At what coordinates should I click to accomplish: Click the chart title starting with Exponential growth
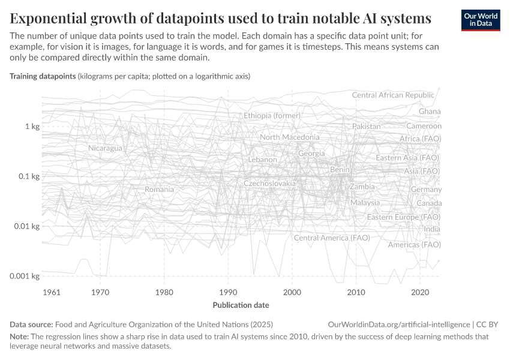(220, 18)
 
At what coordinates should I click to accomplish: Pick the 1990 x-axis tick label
(228, 292)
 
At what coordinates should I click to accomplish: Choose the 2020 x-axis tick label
(420, 292)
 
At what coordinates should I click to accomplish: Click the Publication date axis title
(241, 305)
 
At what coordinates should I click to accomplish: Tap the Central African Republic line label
(392, 95)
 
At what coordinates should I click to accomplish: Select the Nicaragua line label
(105, 148)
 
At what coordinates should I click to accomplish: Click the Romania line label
(159, 190)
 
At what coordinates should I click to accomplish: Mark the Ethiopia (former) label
(272, 115)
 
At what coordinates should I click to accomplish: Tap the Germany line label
(426, 190)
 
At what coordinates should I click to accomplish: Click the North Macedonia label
(289, 137)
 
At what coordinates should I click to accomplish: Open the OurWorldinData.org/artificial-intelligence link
(398, 324)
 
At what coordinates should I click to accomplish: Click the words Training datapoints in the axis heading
(43, 77)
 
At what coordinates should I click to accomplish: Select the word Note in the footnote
(19, 337)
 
